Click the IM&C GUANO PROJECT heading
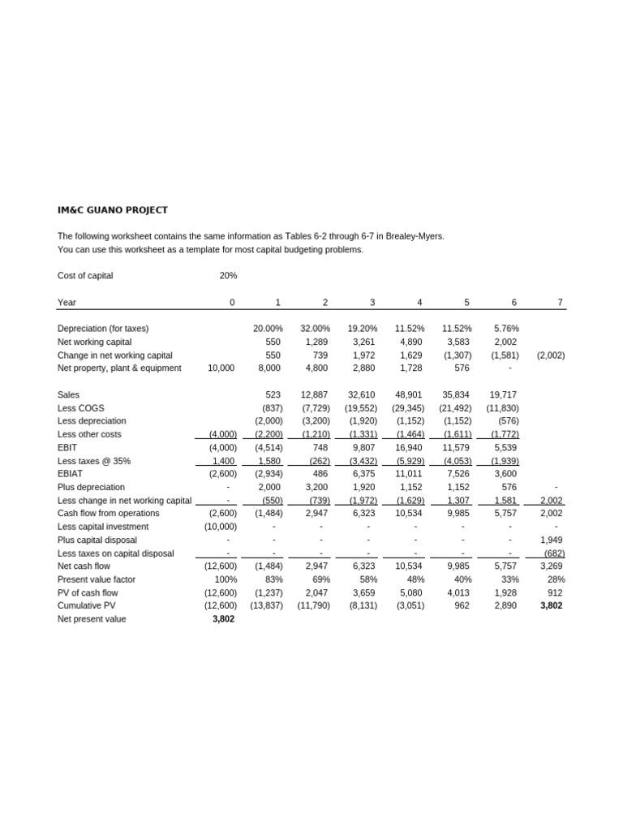point(113,210)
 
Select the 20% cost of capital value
point(228,276)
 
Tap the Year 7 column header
point(560,303)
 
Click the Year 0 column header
point(231,303)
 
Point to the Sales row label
point(69,394)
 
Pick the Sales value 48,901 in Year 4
point(410,394)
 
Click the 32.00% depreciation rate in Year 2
point(315,329)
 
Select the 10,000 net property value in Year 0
point(221,368)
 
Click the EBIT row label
point(67,447)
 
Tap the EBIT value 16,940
point(410,447)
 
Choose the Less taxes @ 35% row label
point(94,461)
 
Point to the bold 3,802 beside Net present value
point(222,619)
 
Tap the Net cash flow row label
point(84,566)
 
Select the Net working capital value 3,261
point(363,342)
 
